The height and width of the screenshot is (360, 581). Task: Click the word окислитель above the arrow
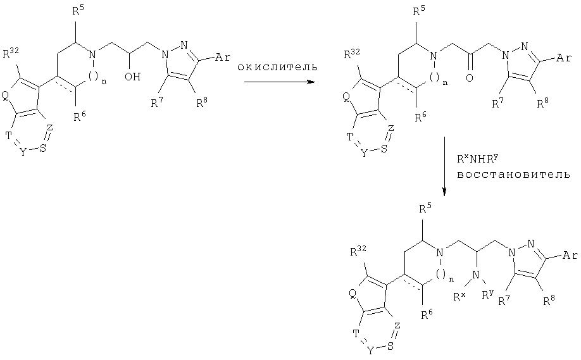(x=278, y=68)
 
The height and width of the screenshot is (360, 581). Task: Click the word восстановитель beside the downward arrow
(x=513, y=175)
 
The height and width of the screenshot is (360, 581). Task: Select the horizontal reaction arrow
(x=279, y=82)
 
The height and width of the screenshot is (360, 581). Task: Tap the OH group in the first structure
(x=133, y=77)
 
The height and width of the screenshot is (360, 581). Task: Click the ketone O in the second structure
(x=470, y=78)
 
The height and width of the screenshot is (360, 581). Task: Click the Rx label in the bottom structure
(x=460, y=296)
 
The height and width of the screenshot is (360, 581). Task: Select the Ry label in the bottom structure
(x=488, y=295)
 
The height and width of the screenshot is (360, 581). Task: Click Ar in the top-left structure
(x=222, y=58)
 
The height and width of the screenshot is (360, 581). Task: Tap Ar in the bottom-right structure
(x=570, y=255)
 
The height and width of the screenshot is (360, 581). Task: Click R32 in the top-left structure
(x=11, y=54)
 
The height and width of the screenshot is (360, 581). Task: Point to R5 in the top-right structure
(x=419, y=11)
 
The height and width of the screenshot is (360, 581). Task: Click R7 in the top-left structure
(x=157, y=102)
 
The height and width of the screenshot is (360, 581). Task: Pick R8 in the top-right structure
(x=543, y=103)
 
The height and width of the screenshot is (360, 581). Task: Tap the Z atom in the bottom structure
(x=397, y=326)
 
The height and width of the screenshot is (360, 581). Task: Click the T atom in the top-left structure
(x=8, y=136)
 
